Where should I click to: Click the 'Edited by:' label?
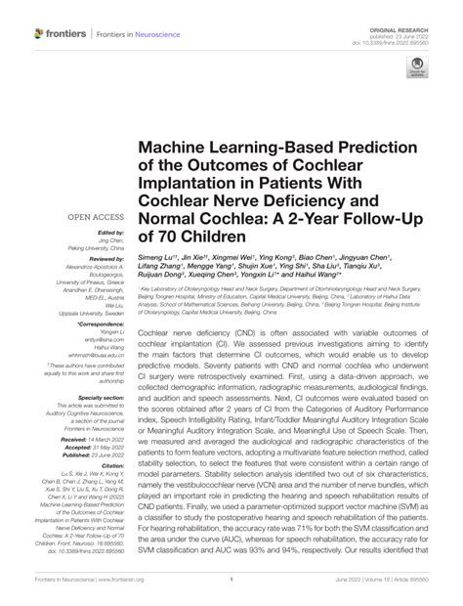pyautogui.click(x=114, y=232)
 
